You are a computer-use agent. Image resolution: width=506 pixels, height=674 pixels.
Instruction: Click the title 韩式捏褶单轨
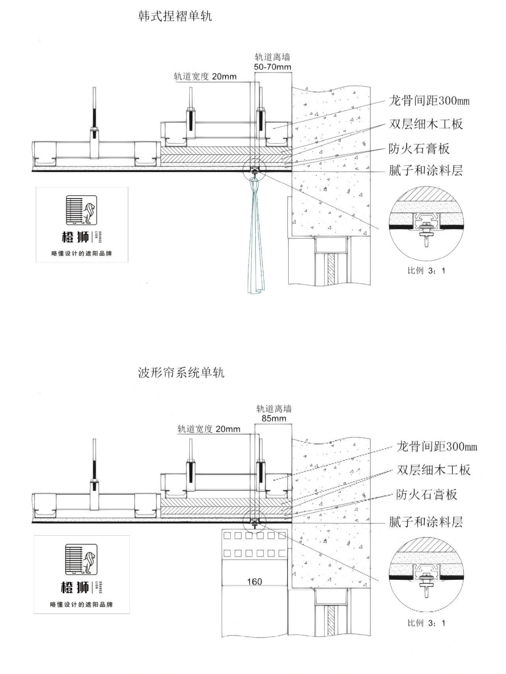click(x=175, y=16)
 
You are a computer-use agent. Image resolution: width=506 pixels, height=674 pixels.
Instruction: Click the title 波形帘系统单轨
click(x=181, y=372)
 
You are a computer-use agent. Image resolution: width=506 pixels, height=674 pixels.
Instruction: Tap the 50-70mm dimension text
click(x=272, y=67)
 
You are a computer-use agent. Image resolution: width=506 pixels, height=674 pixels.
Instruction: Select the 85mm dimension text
click(x=274, y=418)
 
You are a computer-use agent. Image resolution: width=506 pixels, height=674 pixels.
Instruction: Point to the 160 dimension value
click(x=254, y=581)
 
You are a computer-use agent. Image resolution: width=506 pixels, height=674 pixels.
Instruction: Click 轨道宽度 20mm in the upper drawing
click(x=205, y=76)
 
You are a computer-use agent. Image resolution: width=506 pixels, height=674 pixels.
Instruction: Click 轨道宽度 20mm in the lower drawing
click(x=209, y=429)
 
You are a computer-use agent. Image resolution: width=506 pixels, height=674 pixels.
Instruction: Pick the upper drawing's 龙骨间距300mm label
click(x=429, y=101)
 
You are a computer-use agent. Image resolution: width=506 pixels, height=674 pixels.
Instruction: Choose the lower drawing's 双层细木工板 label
click(x=433, y=470)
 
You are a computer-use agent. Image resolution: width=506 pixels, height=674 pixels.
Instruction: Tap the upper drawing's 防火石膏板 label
click(x=419, y=149)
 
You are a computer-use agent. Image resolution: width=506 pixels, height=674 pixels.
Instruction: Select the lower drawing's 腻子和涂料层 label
click(x=426, y=522)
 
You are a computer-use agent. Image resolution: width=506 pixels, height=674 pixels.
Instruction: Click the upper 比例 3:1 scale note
click(x=426, y=271)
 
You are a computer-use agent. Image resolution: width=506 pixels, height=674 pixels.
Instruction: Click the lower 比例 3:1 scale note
click(x=426, y=623)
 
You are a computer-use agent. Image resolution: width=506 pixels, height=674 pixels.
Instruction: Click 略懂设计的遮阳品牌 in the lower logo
click(x=82, y=604)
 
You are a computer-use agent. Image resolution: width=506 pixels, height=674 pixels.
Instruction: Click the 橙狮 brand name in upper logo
click(x=75, y=237)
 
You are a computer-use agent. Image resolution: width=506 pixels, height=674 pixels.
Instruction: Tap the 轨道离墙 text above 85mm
click(x=274, y=409)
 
